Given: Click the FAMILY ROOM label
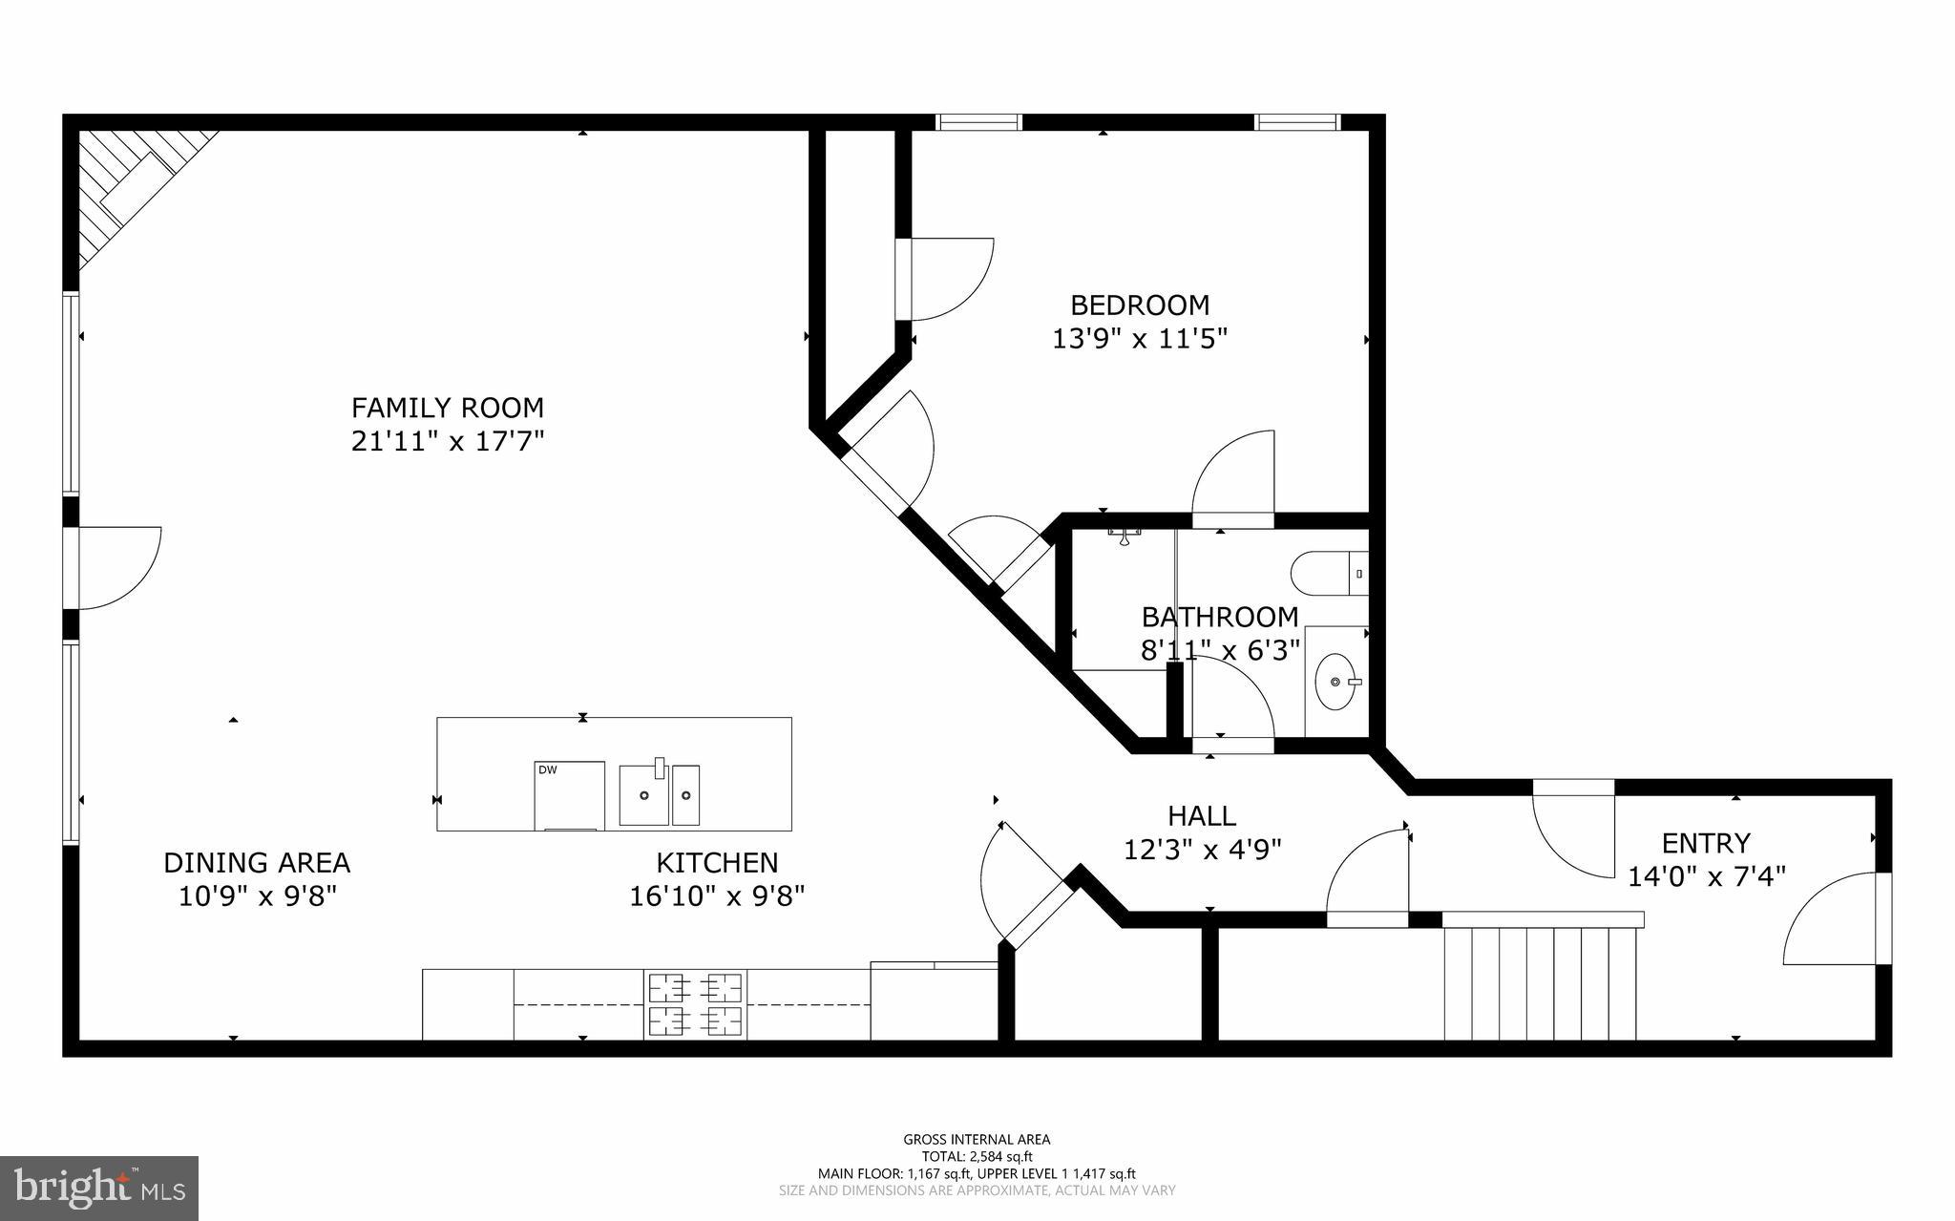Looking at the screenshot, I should tap(447, 408).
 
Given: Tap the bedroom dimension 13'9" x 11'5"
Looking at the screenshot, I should tap(1139, 339).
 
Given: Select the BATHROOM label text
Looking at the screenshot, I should tap(1219, 617).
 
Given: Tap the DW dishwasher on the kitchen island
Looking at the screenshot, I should tap(569, 794).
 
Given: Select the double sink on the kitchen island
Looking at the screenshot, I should tap(659, 793).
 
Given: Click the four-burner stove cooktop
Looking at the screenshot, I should tap(696, 1004).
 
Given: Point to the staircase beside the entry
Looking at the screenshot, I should tap(1540, 983).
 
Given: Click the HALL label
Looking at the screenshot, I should tap(1202, 816).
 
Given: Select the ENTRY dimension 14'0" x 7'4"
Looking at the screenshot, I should tap(1706, 876).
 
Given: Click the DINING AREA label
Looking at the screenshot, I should tap(257, 863).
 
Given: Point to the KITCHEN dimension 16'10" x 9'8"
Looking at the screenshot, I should tap(717, 896).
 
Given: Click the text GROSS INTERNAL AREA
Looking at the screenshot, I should tap(977, 1139).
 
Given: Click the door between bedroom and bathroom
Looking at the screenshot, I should tap(1233, 477).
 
